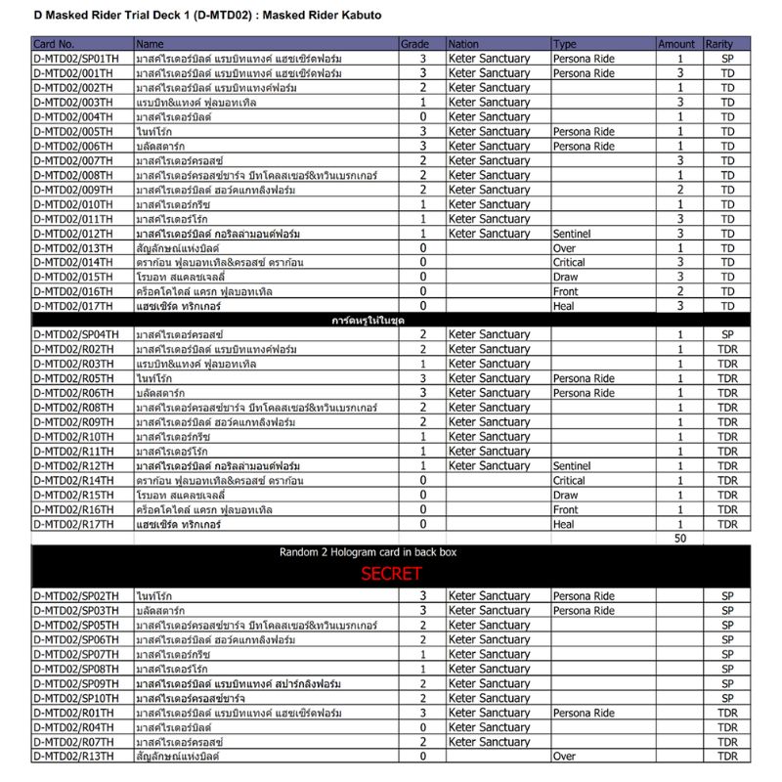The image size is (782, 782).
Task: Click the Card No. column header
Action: (x=54, y=44)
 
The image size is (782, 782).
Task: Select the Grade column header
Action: (x=414, y=44)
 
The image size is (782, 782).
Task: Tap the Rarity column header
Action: (x=719, y=44)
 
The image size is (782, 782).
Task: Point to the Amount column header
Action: (x=676, y=44)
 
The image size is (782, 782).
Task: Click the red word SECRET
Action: (x=391, y=574)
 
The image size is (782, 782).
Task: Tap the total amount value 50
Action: (x=680, y=539)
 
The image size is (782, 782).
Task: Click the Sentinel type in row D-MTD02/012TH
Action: (x=573, y=234)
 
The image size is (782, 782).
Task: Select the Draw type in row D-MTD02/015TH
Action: (x=565, y=277)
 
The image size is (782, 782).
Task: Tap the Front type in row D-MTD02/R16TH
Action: (x=566, y=510)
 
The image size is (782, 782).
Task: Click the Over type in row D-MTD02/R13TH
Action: (x=564, y=757)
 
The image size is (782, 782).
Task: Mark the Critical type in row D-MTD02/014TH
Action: (x=570, y=263)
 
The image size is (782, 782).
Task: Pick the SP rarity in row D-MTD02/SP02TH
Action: (x=727, y=596)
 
